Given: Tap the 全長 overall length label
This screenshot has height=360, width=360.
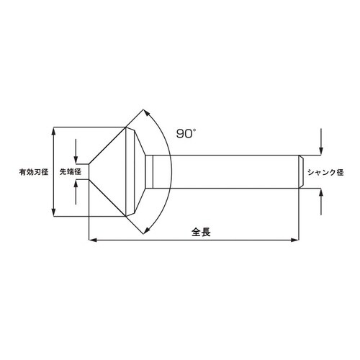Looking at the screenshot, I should (201, 232).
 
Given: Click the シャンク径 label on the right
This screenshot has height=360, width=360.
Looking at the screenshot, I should (327, 172).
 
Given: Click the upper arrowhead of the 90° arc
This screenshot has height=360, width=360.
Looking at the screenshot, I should (147, 114).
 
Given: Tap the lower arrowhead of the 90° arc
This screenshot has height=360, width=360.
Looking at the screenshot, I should (147, 230).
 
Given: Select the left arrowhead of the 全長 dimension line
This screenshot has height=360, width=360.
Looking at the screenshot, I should (91, 240).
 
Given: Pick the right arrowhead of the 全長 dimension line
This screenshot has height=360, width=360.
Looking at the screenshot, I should (295, 240).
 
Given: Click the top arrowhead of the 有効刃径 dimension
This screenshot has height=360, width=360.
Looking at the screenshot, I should (54, 131).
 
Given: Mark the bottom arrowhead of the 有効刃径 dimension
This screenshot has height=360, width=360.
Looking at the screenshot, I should (54, 213).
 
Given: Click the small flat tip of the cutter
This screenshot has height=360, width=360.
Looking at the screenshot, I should (89, 172).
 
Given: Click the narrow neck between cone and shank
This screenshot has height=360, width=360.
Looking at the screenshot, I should (150, 172).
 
